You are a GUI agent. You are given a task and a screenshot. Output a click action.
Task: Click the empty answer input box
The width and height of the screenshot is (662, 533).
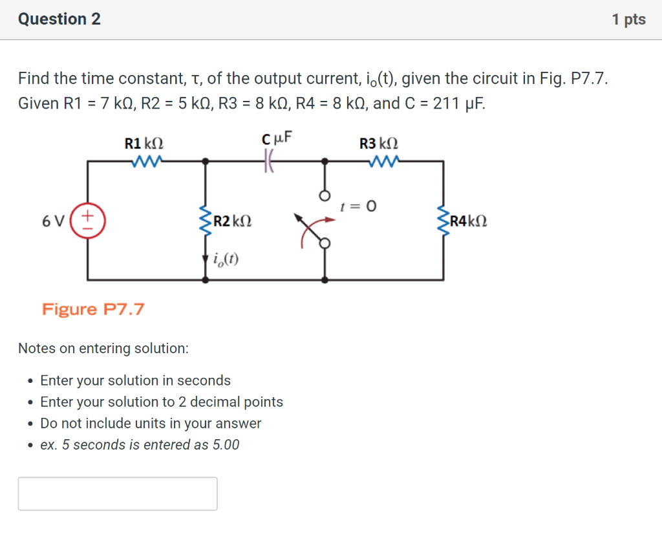pos(118,494)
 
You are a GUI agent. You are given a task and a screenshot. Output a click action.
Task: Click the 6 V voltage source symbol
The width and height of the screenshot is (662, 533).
pos(89,221)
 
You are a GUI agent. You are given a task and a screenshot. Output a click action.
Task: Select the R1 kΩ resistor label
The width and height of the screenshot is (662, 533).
pos(148,144)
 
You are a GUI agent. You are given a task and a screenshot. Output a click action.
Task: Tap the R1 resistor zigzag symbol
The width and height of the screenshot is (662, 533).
pos(147,160)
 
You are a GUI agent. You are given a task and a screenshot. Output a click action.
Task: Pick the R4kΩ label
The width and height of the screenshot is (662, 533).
pos(469,221)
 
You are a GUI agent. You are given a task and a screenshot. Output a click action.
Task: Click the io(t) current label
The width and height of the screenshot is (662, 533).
pos(225,260)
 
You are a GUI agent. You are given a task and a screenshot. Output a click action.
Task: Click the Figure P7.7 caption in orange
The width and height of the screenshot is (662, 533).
pos(93,309)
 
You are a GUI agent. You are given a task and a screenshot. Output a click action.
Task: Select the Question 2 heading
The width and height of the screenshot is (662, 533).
pos(59,19)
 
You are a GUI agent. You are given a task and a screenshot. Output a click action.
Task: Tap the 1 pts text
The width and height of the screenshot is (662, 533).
pos(628,19)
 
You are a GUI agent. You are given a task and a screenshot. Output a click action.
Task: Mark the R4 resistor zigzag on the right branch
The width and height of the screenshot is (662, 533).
pos(443,221)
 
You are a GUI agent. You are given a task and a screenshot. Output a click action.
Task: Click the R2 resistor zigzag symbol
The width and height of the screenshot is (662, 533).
pos(206,221)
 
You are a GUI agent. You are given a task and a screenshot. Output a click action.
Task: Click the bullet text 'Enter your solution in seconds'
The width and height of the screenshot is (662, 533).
pos(135,380)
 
